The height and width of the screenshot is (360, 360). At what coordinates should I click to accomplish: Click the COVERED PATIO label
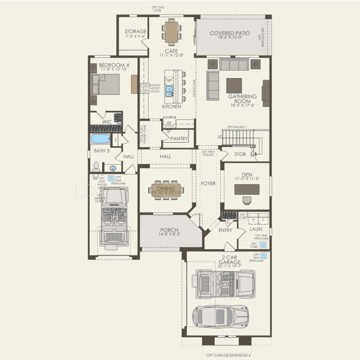(230, 33)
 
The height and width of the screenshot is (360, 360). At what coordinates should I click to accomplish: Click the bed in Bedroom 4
(106, 84)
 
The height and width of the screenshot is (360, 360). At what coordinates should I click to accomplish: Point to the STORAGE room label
(135, 31)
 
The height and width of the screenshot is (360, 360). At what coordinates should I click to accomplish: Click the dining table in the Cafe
(171, 31)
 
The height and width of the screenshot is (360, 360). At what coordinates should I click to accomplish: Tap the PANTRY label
(179, 139)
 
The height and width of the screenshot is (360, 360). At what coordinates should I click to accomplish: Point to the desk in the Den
(247, 189)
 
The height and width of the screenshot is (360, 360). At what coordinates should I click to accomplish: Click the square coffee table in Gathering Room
(234, 85)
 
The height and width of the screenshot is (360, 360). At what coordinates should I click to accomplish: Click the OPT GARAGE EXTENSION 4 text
(228, 356)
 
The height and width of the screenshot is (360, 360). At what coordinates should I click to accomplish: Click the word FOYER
(208, 183)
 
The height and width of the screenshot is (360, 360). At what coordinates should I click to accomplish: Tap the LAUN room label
(256, 229)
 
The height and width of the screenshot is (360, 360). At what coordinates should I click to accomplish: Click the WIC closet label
(107, 122)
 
